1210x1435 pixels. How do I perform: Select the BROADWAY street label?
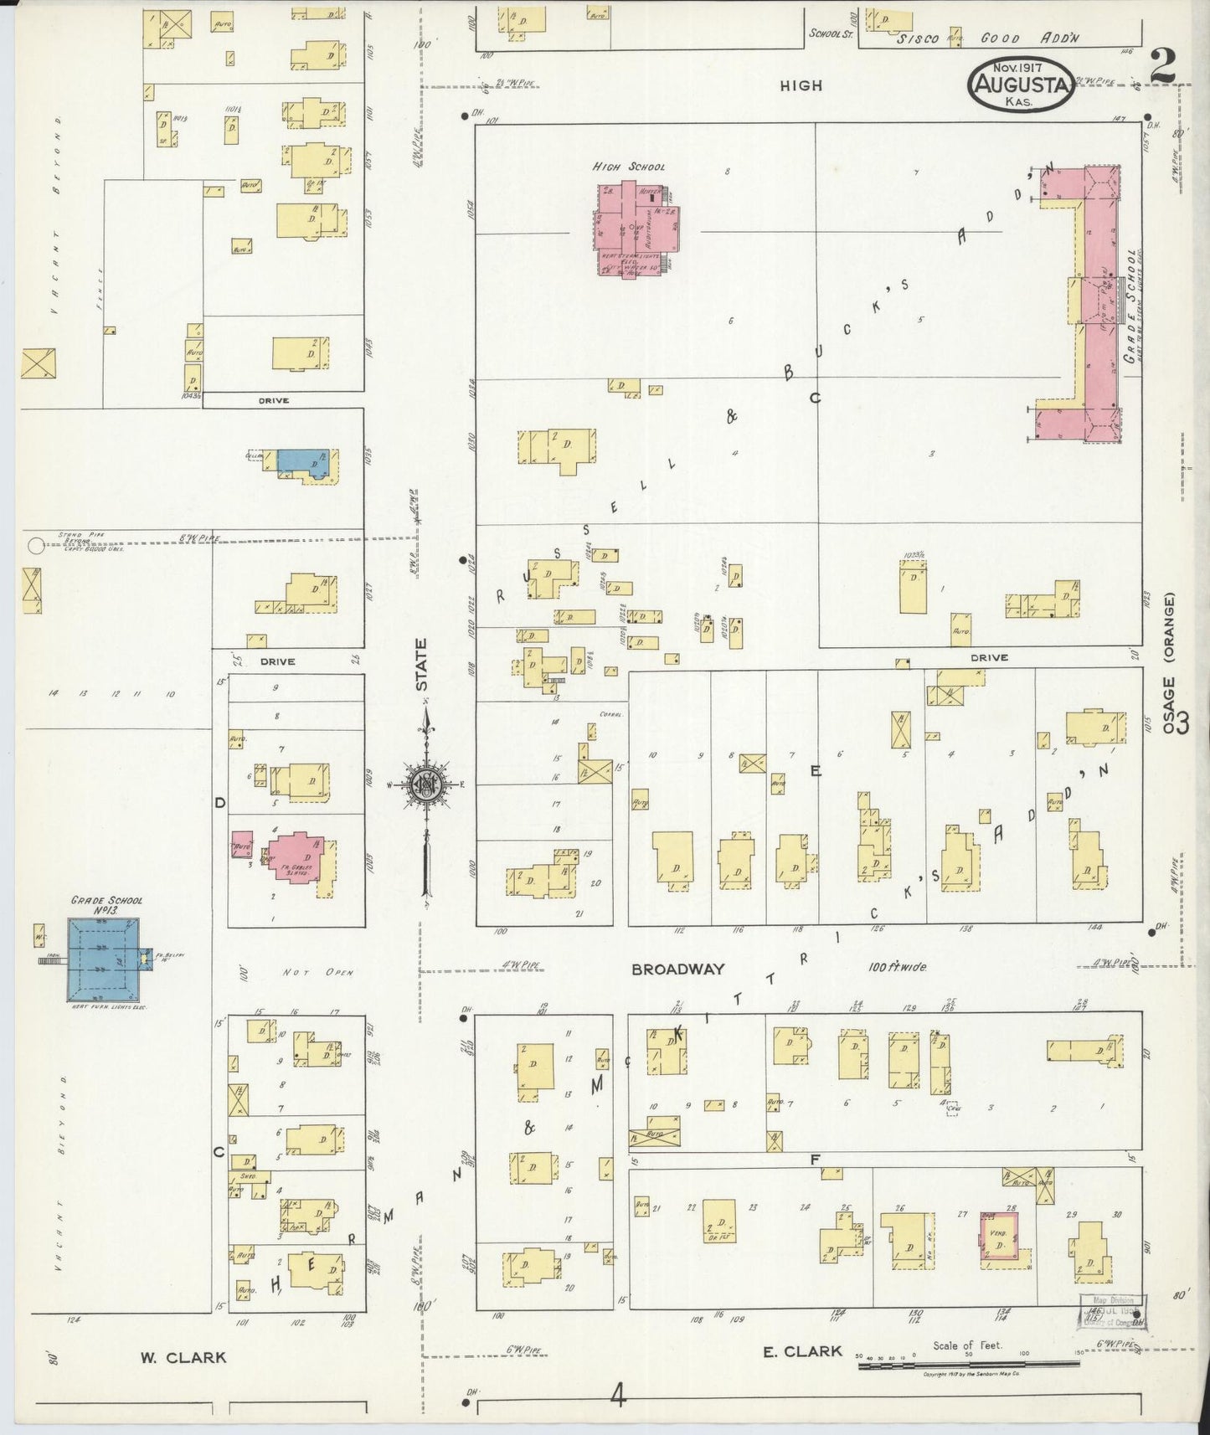[x=677, y=969]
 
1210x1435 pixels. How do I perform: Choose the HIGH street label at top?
[x=801, y=85]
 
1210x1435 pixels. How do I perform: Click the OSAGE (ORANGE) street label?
[x=1169, y=663]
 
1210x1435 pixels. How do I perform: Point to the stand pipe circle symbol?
[x=34, y=546]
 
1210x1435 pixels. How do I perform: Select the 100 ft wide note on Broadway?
[x=896, y=967]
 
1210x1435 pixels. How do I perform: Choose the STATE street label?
[x=421, y=666]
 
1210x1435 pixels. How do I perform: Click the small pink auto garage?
[x=242, y=844]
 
